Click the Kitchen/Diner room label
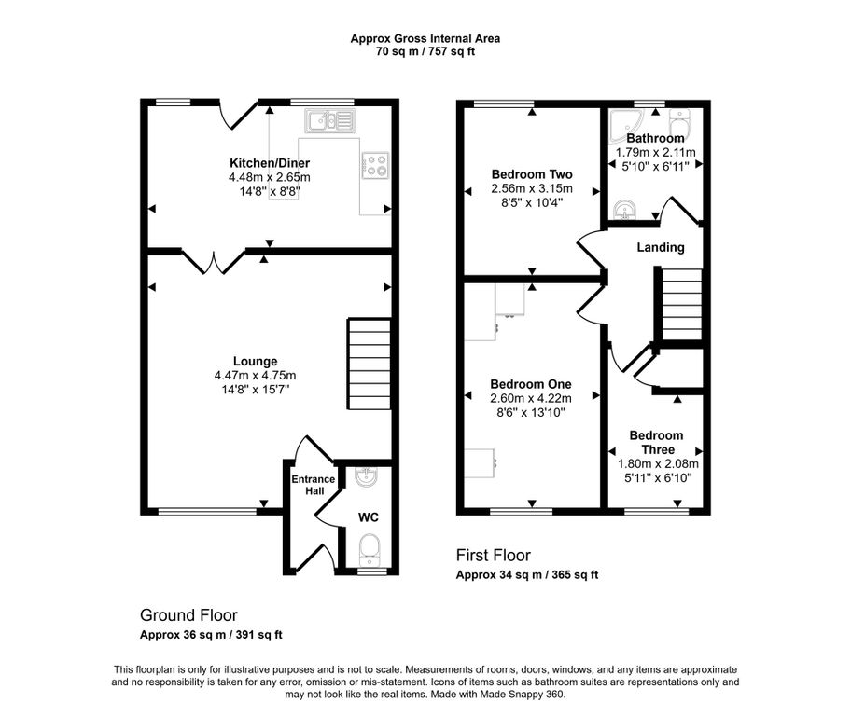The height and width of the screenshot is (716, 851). [x=270, y=163]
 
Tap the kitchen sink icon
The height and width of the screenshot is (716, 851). [x=329, y=120]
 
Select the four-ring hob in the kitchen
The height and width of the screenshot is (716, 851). [x=375, y=165]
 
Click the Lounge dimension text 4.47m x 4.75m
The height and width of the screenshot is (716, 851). [x=255, y=376]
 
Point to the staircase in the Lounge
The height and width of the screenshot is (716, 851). [x=370, y=364]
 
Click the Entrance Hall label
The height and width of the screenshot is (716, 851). [x=314, y=485]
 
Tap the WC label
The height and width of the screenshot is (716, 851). [x=368, y=517]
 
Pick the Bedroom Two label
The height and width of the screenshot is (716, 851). [x=532, y=174]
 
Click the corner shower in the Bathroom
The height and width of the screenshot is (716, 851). [x=626, y=122]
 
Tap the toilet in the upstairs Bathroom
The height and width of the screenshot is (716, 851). [x=679, y=124]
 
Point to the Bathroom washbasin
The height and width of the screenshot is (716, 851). [x=626, y=210]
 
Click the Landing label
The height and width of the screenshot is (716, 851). [x=661, y=247]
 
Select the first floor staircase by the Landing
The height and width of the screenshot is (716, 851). [x=681, y=304]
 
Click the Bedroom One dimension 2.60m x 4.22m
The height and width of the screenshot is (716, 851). [x=531, y=398]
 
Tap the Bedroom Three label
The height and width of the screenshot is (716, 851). [x=656, y=442]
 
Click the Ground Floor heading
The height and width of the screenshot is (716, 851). [x=188, y=615]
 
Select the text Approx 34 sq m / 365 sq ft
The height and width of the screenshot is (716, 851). [x=527, y=575]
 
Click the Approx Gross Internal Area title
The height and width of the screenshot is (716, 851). [x=425, y=38]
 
